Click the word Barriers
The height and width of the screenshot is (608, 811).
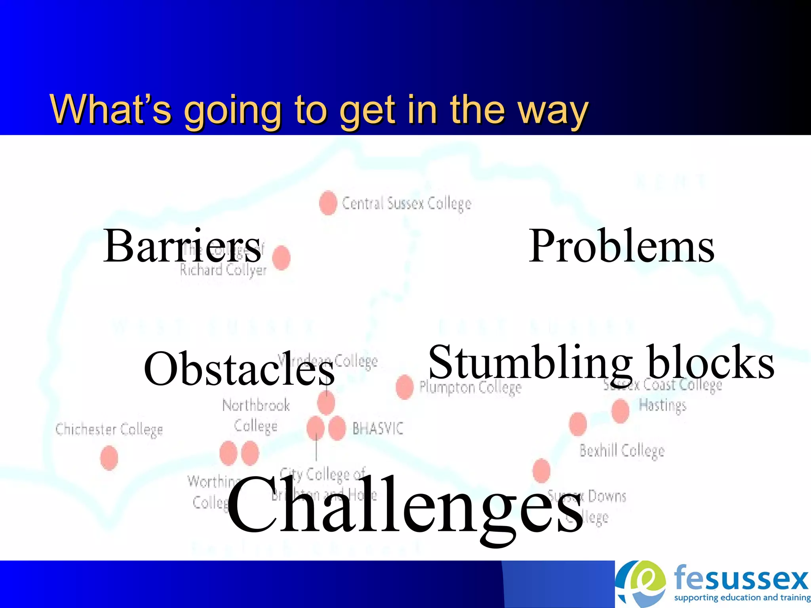(182, 246)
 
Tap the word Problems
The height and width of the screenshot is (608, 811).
(621, 246)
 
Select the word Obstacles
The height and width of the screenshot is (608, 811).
(239, 369)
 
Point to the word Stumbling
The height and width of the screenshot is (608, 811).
(530, 362)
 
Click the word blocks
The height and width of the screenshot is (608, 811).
(710, 362)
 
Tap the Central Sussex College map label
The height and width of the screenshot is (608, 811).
(406, 203)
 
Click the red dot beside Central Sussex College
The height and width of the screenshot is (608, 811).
(328, 203)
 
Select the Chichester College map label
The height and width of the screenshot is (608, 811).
(109, 429)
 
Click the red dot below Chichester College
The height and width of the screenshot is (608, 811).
(109, 458)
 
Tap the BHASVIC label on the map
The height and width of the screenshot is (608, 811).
(378, 429)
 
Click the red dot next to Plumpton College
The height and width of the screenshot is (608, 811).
(404, 387)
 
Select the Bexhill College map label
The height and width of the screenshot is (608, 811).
(622, 450)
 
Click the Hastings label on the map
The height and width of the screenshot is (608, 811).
(663, 405)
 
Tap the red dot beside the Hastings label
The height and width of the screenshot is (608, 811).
(620, 411)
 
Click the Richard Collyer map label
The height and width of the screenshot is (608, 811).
(223, 270)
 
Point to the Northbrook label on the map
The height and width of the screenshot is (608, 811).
(256, 405)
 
